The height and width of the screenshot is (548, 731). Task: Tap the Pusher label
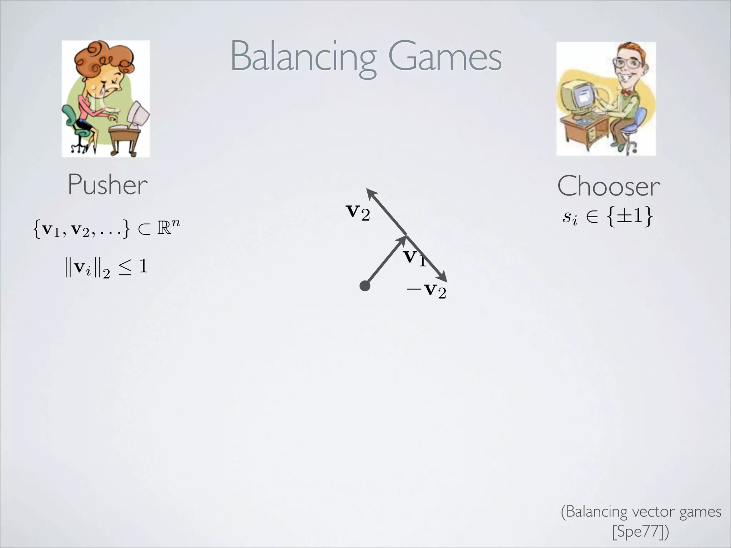click(107, 185)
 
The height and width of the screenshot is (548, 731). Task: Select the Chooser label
click(609, 186)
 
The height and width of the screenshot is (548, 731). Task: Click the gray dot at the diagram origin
click(365, 286)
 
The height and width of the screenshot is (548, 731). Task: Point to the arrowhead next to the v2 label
click(372, 195)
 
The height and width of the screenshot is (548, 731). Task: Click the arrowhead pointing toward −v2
click(443, 277)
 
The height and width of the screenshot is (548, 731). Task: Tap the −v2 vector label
click(427, 291)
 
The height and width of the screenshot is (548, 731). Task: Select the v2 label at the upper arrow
click(358, 213)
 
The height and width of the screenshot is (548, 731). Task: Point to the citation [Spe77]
click(640, 531)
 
